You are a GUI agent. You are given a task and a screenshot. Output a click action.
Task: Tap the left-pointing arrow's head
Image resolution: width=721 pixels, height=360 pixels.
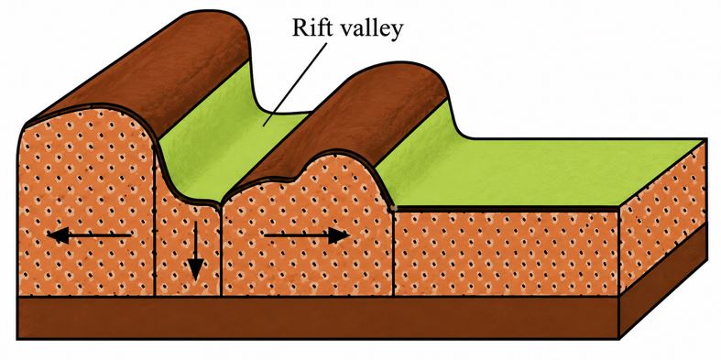pyautogui.click(x=57, y=235)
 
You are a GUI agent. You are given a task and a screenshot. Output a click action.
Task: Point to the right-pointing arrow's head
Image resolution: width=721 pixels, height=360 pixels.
pyautogui.click(x=339, y=235)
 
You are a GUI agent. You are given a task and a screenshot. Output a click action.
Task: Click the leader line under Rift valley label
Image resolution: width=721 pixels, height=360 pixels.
pyautogui.click(x=295, y=84)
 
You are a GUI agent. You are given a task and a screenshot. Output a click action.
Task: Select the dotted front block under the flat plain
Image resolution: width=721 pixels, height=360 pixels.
pyautogui.click(x=507, y=253)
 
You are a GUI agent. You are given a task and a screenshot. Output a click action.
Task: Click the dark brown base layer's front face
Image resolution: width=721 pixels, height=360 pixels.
pyautogui.click(x=318, y=318)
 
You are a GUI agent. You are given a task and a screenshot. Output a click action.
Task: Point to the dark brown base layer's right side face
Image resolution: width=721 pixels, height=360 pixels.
pyautogui.click(x=663, y=280)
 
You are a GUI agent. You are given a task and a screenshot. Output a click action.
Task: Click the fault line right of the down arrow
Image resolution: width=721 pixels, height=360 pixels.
pyautogui.click(x=221, y=251)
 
